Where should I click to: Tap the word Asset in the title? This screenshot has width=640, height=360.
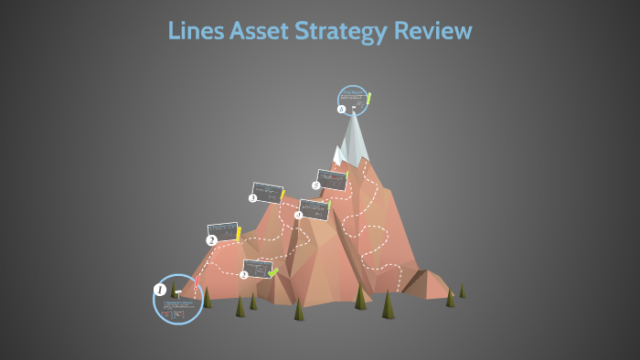coord(260,31)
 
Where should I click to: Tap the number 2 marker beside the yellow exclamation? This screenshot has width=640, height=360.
coord(212,240)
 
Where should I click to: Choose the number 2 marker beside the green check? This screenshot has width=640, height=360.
coord(244,275)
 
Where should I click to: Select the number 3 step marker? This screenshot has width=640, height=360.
coord(253,197)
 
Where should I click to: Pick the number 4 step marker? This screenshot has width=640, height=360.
coord(298,216)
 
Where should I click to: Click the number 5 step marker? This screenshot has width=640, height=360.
coord(315,185)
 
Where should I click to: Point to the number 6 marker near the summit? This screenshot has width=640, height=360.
coord(342,110)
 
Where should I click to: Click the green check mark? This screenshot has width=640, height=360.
coord(272,271)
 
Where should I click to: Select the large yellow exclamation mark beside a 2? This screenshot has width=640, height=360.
coord(240,233)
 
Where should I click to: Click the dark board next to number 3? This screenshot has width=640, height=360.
coord(267,193)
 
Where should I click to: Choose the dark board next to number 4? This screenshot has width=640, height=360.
coord(314,209)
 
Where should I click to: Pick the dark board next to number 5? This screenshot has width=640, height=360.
coord(331,179)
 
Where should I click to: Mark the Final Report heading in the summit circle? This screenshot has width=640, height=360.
coord(351,92)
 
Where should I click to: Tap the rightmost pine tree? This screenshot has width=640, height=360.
coord(462,291)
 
